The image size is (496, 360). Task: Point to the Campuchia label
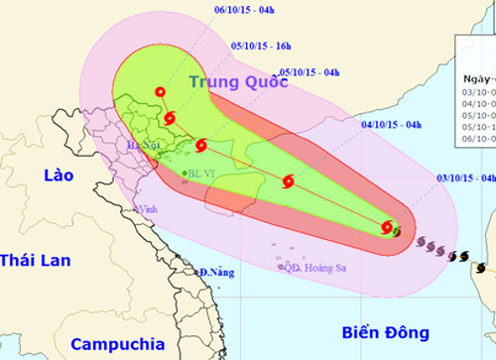(118, 345)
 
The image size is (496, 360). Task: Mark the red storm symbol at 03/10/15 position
(388, 228)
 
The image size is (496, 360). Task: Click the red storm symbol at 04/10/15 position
(288, 180)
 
